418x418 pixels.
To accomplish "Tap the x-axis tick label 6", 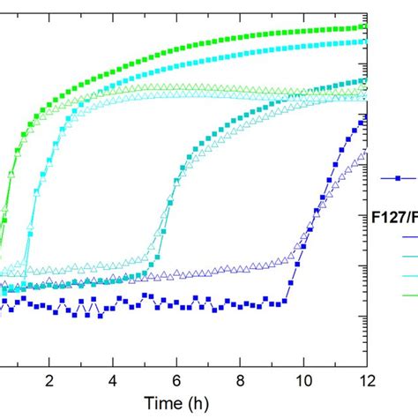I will (x=176, y=380).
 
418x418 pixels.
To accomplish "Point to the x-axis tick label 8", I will (x=240, y=380).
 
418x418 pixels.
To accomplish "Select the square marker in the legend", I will (x=398, y=179).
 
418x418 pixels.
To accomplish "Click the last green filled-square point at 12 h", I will (x=364, y=26).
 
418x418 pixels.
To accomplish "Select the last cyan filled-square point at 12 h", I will (x=364, y=41).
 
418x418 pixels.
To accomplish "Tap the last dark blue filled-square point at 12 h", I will (x=364, y=116).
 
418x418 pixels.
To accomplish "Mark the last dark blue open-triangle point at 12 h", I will (x=364, y=153).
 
